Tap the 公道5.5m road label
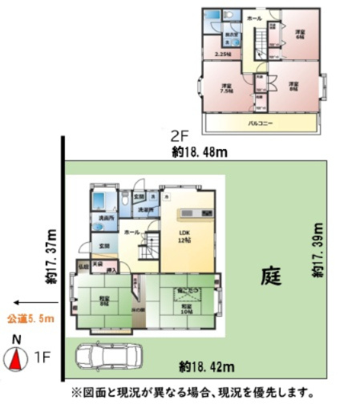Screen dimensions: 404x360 [37, 318]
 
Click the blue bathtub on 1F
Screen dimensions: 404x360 [100, 200]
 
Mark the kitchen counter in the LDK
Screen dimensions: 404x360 [195, 214]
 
